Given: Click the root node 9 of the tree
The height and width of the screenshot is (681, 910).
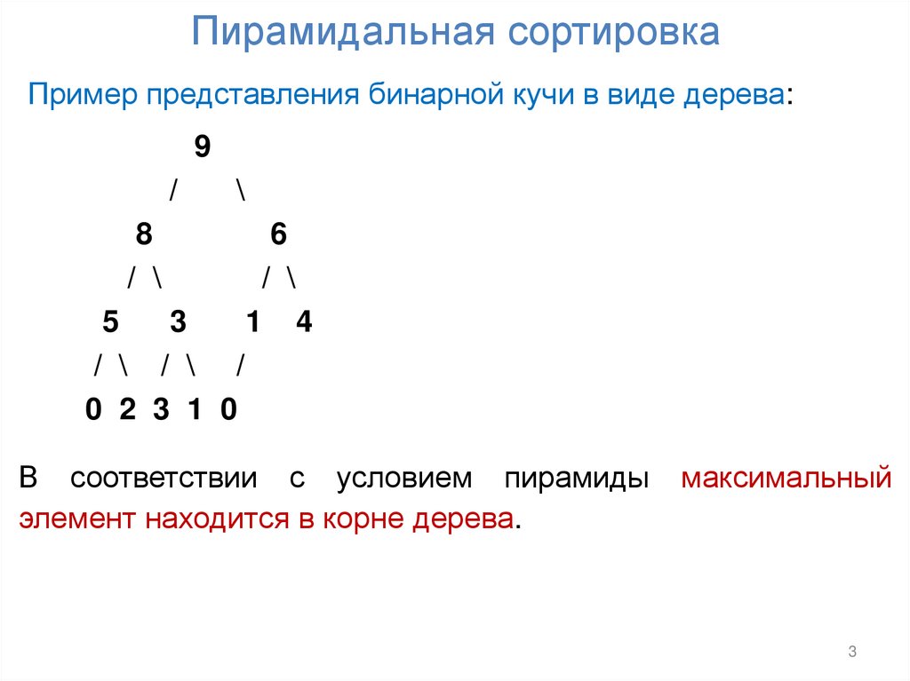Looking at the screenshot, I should [x=203, y=147].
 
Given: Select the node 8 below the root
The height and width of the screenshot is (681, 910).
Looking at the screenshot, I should [x=144, y=234].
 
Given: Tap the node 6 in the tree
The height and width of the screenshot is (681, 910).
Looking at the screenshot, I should [x=278, y=234].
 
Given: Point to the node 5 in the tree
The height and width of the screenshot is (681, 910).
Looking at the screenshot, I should [x=110, y=322].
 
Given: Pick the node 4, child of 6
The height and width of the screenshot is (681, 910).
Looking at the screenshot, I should [x=304, y=322].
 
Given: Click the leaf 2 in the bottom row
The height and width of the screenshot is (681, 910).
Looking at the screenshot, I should [x=126, y=410].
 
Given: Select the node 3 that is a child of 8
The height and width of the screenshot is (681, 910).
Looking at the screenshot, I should [x=178, y=322].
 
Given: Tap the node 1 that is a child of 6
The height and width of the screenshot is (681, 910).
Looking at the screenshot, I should [x=253, y=322].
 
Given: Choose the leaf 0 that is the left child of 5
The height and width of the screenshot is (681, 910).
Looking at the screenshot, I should [x=93, y=410].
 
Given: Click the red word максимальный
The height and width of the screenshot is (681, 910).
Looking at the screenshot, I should [x=786, y=479].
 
